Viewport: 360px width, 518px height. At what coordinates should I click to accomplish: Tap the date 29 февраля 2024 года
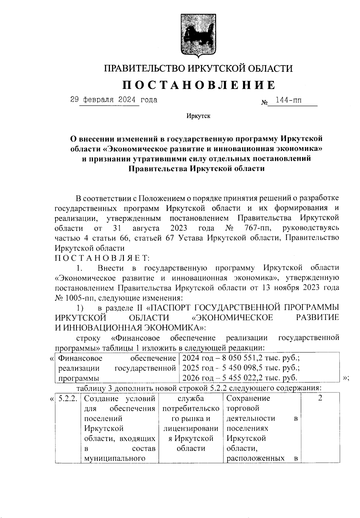click(114, 99)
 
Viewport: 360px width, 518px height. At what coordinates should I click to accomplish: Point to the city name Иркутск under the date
click(198, 116)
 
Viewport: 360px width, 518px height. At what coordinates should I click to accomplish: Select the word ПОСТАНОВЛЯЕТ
click(102, 258)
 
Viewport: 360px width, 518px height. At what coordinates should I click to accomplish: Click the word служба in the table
click(191, 398)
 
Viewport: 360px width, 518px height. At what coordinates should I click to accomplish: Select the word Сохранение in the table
click(248, 398)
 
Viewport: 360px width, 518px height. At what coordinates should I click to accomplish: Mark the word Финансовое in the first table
click(80, 358)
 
